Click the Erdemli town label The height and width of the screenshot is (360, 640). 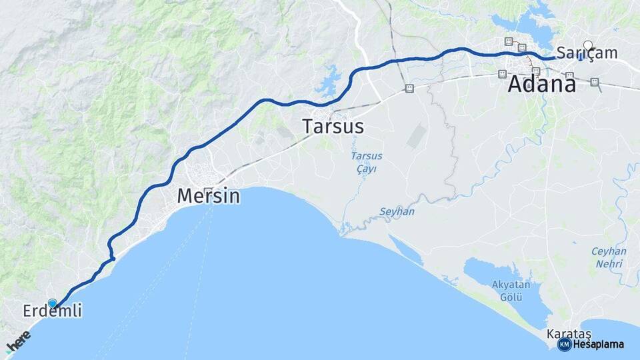pos(52,311)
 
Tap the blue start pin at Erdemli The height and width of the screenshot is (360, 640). pos(53,303)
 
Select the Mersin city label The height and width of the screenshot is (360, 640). pos(208,196)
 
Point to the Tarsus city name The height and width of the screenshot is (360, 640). pos(333,126)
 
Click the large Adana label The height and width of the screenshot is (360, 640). pos(542,85)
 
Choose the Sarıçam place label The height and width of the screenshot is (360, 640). pos(587,53)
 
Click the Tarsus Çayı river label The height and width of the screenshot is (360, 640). pos(367,162)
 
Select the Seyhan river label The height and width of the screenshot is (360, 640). pos(397,211)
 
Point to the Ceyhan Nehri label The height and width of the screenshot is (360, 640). pos(609,257)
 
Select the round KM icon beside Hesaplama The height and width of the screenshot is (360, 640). pos(564,344)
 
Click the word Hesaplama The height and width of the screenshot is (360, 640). pos(599,344)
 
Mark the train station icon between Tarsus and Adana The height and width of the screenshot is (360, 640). pos(409,88)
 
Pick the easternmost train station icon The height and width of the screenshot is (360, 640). pos(595,83)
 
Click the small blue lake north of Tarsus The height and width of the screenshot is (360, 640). pos(329,83)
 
